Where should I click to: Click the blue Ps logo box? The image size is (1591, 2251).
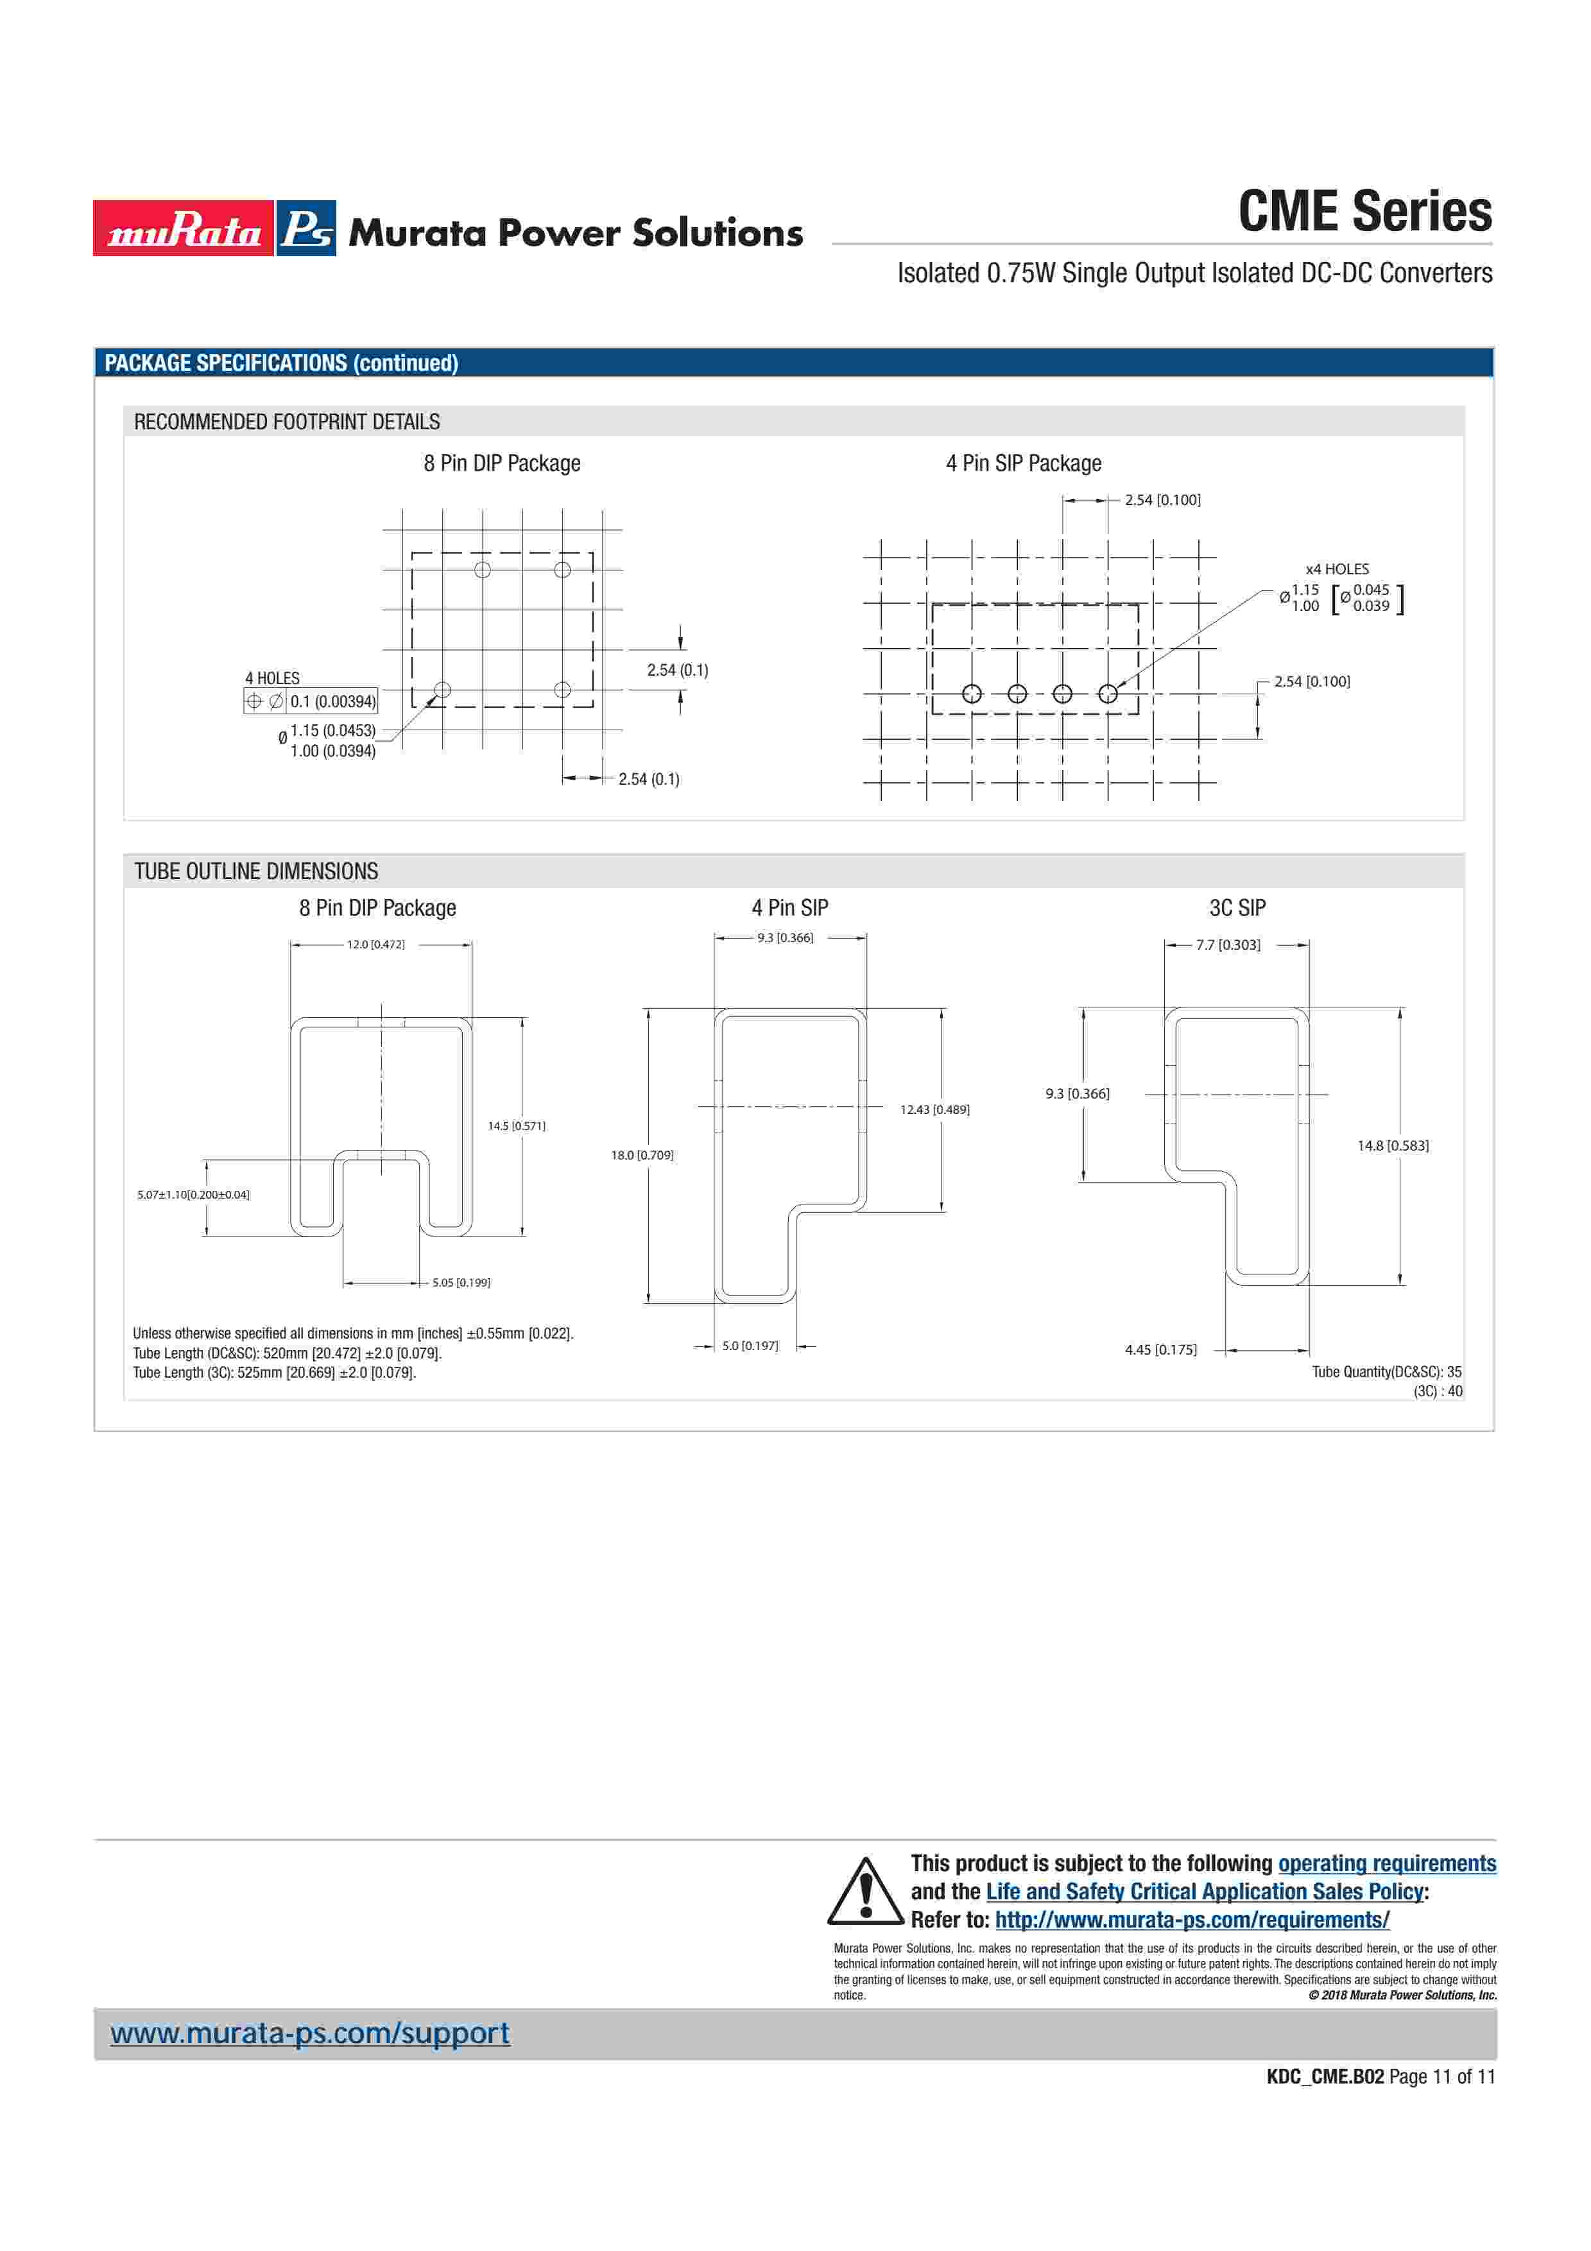pyautogui.click(x=306, y=228)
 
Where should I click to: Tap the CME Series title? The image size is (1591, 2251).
pyautogui.click(x=1364, y=212)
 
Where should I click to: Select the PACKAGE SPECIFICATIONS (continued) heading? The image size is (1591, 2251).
pyautogui.click(x=281, y=363)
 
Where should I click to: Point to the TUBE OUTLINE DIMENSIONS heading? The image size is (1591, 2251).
pyautogui.click(x=256, y=871)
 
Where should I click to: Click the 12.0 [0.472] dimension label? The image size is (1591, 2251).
pyautogui.click(x=375, y=944)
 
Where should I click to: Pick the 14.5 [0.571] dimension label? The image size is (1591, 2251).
pyautogui.click(x=517, y=1125)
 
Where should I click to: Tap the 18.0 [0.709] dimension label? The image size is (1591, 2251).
pyautogui.click(x=642, y=1155)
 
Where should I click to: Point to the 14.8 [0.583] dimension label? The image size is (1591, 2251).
pyautogui.click(x=1392, y=1145)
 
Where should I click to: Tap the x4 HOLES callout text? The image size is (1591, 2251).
pyautogui.click(x=1336, y=569)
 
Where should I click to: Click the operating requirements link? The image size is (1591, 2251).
pyautogui.click(x=1386, y=1863)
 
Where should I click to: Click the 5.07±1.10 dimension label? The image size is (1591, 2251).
pyautogui.click(x=193, y=1194)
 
